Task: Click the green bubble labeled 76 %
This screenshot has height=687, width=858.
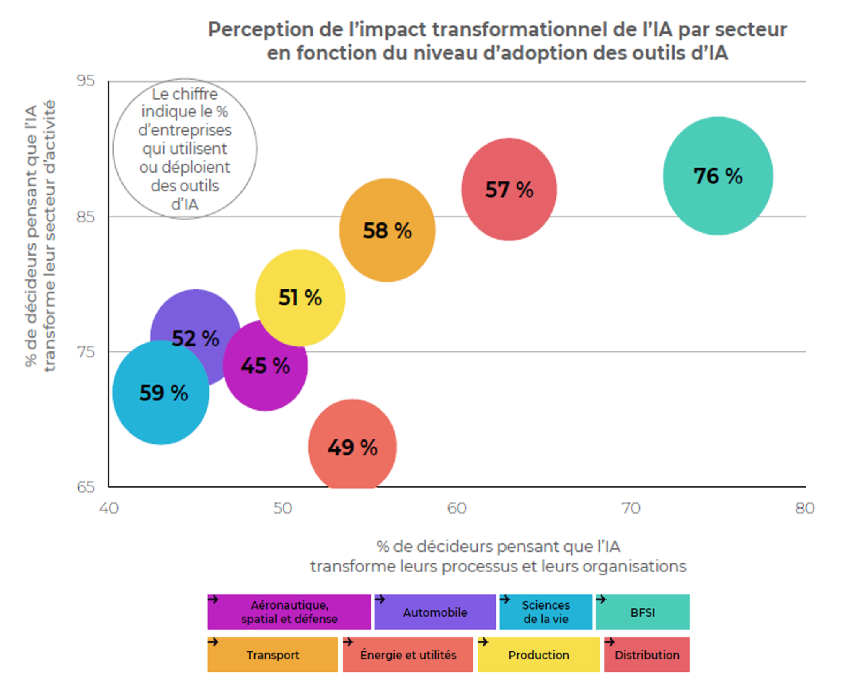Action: pyautogui.click(x=718, y=176)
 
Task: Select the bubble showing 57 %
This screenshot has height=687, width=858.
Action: pyautogui.click(x=509, y=189)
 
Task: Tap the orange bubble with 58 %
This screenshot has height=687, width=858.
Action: pyautogui.click(x=387, y=230)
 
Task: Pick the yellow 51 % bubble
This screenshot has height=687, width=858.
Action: pyautogui.click(x=300, y=297)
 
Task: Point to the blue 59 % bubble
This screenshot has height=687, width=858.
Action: pyautogui.click(x=161, y=393)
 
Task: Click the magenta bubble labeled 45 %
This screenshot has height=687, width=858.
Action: pyautogui.click(x=265, y=366)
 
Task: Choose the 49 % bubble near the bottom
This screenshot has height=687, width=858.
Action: pyautogui.click(x=352, y=447)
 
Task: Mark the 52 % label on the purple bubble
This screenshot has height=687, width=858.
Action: pyautogui.click(x=196, y=338)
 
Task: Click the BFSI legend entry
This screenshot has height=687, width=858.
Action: pyautogui.click(x=642, y=612)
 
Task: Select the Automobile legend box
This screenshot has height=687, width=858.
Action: pyautogui.click(x=435, y=612)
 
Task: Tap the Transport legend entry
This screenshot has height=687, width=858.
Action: pyautogui.click(x=272, y=655)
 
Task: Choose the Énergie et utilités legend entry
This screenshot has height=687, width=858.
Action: pyautogui.click(x=408, y=655)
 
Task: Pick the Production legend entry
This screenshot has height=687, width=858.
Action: pyautogui.click(x=538, y=655)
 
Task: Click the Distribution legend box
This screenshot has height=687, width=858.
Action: pyautogui.click(x=646, y=655)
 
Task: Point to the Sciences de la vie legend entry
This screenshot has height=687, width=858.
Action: pyautogui.click(x=545, y=612)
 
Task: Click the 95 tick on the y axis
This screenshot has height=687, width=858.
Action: pyautogui.click(x=86, y=81)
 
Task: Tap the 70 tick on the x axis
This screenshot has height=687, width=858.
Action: pyautogui.click(x=631, y=508)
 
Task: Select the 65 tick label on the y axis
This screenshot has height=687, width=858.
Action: pyautogui.click(x=86, y=487)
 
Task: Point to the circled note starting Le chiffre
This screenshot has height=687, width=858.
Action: pyautogui.click(x=185, y=149)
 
